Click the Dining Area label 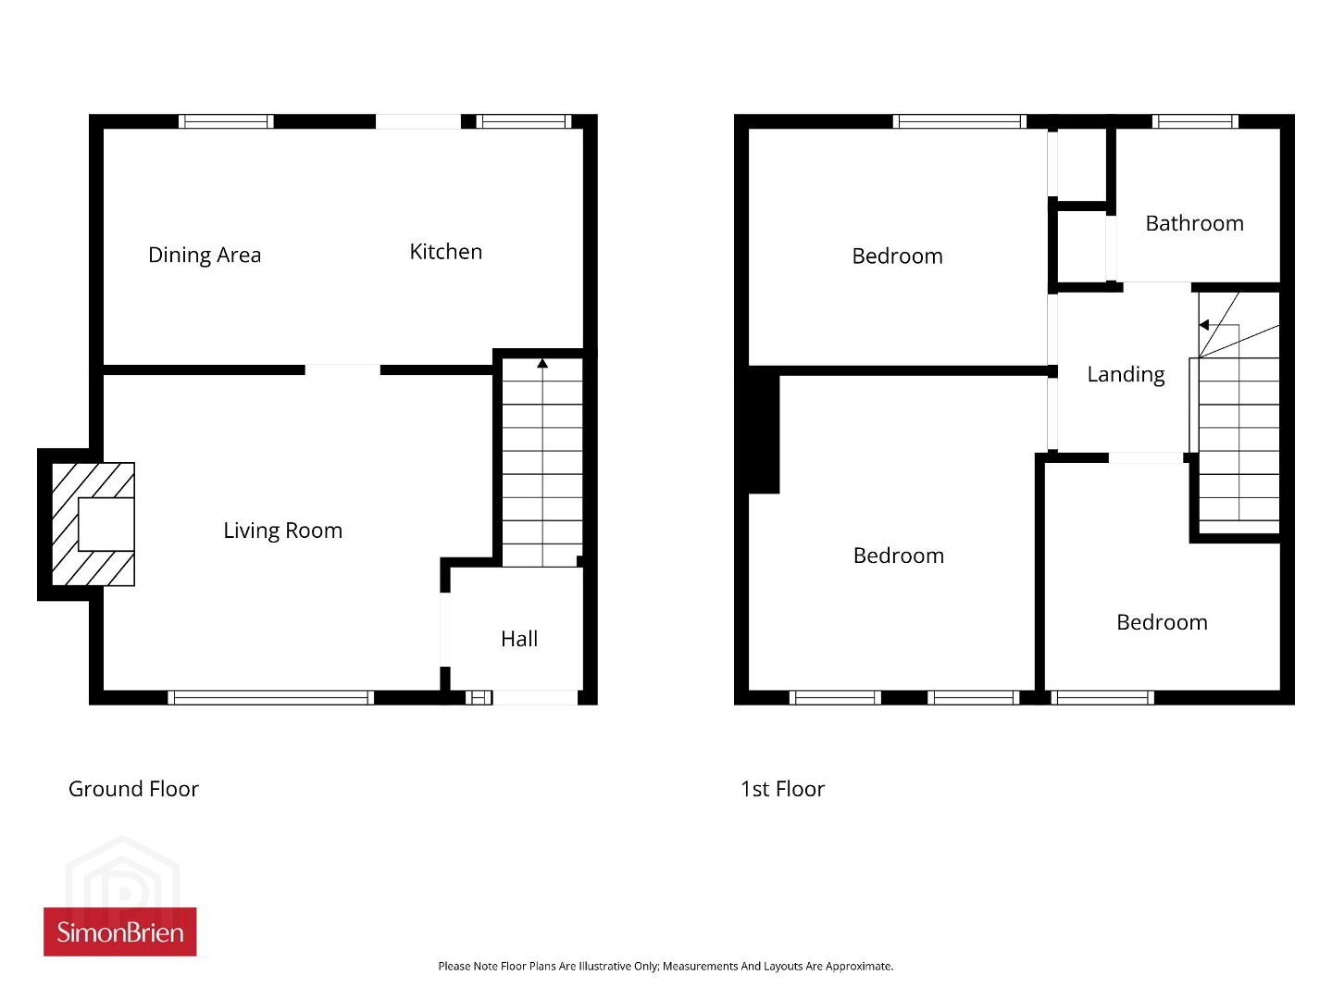pos(205,255)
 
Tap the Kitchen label pos(446,252)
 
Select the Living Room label pos(283,531)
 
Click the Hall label pos(519,639)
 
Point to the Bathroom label pos(1194,223)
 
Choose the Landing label pos(1126,374)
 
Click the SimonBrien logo pos(120,931)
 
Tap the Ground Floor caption pos(133,789)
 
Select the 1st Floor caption pos(783,789)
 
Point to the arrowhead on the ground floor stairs pos(542,363)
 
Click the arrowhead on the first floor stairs pos(1204,325)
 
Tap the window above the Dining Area pos(227,121)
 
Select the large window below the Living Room pos(270,698)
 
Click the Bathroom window pos(1195,121)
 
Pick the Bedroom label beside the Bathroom pos(898,256)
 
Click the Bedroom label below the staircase pos(1162,622)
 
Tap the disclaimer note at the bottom pos(666,966)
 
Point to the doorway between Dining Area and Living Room pos(342,370)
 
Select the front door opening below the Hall pos(535,698)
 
